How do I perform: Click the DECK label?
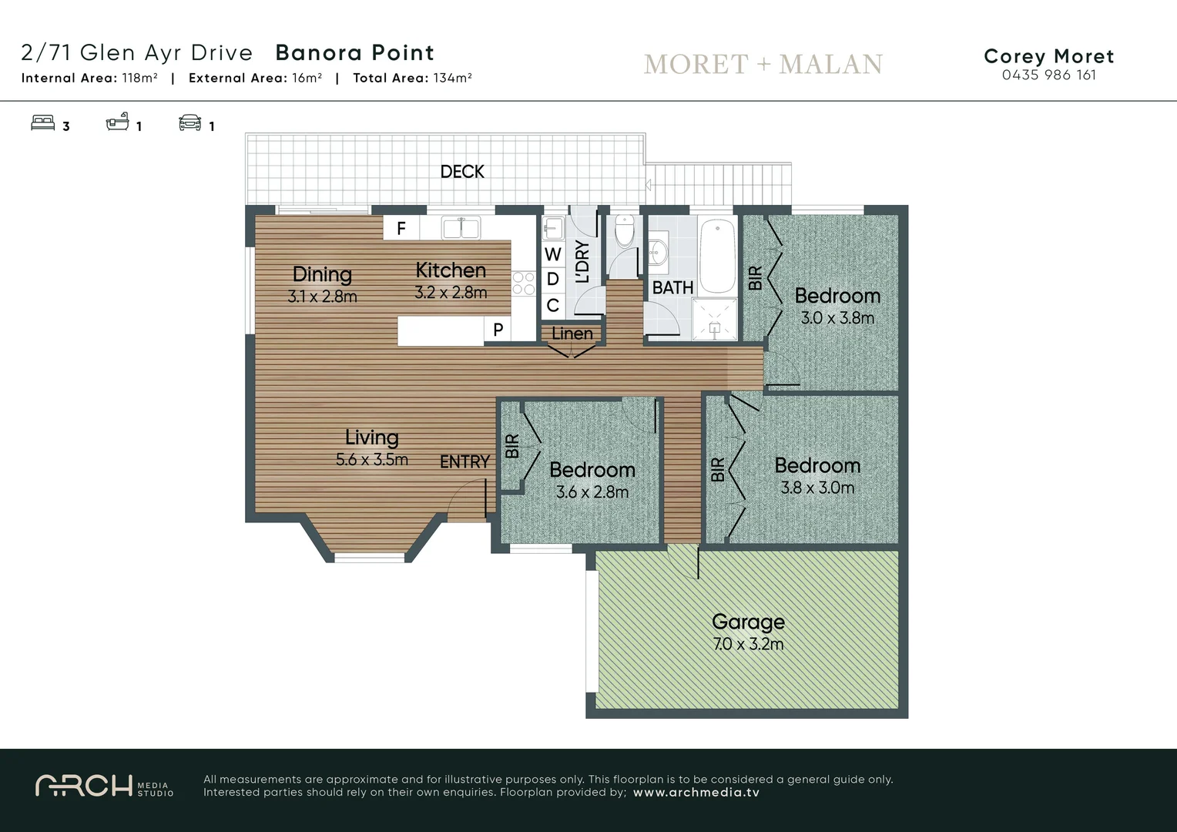[462, 172]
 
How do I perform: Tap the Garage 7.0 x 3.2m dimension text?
[748, 644]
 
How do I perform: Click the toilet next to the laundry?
[624, 230]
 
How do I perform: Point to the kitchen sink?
[461, 228]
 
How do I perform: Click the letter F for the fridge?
[401, 228]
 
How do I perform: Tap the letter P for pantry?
[498, 330]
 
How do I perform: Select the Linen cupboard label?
[572, 334]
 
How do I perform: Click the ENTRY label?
[464, 461]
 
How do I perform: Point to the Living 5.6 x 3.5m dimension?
[372, 460]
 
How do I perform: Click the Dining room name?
[322, 274]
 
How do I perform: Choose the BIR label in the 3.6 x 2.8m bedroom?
[512, 446]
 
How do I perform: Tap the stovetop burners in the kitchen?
[524, 283]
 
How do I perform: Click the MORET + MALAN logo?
[763, 64]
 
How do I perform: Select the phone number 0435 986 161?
[1048, 75]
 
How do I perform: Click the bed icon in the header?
[43, 123]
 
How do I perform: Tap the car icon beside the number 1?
[189, 123]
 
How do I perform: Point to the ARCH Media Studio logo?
[104, 786]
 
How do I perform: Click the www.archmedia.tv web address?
[696, 792]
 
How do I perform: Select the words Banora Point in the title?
[354, 52]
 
